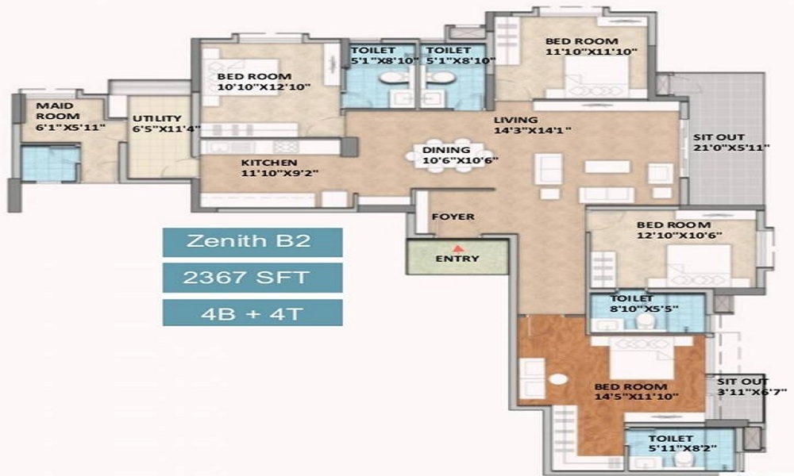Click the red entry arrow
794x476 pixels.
pyautogui.click(x=458, y=249)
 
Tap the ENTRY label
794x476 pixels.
pyautogui.click(x=457, y=259)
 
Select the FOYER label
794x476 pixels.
pyautogui.click(x=453, y=217)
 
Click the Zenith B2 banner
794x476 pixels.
pyautogui.click(x=252, y=242)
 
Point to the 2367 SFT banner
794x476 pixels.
pyautogui.click(x=252, y=278)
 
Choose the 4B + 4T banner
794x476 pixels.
pyautogui.click(x=252, y=313)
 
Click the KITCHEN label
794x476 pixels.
pyautogui.click(x=269, y=163)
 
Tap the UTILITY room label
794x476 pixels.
pyautogui.click(x=157, y=119)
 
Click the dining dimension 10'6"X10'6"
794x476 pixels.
pyautogui.click(x=461, y=161)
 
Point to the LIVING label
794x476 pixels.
pyautogui.click(x=516, y=121)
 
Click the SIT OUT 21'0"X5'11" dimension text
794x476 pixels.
pyautogui.click(x=731, y=148)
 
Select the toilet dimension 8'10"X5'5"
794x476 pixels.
pyautogui.click(x=644, y=309)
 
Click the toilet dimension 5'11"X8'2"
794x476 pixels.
pyautogui.click(x=682, y=449)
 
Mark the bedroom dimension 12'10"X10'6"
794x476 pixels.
pyautogui.click(x=679, y=235)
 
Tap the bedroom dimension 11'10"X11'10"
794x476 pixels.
pyautogui.click(x=591, y=52)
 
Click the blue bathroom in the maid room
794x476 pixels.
pyautogui.click(x=50, y=163)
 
